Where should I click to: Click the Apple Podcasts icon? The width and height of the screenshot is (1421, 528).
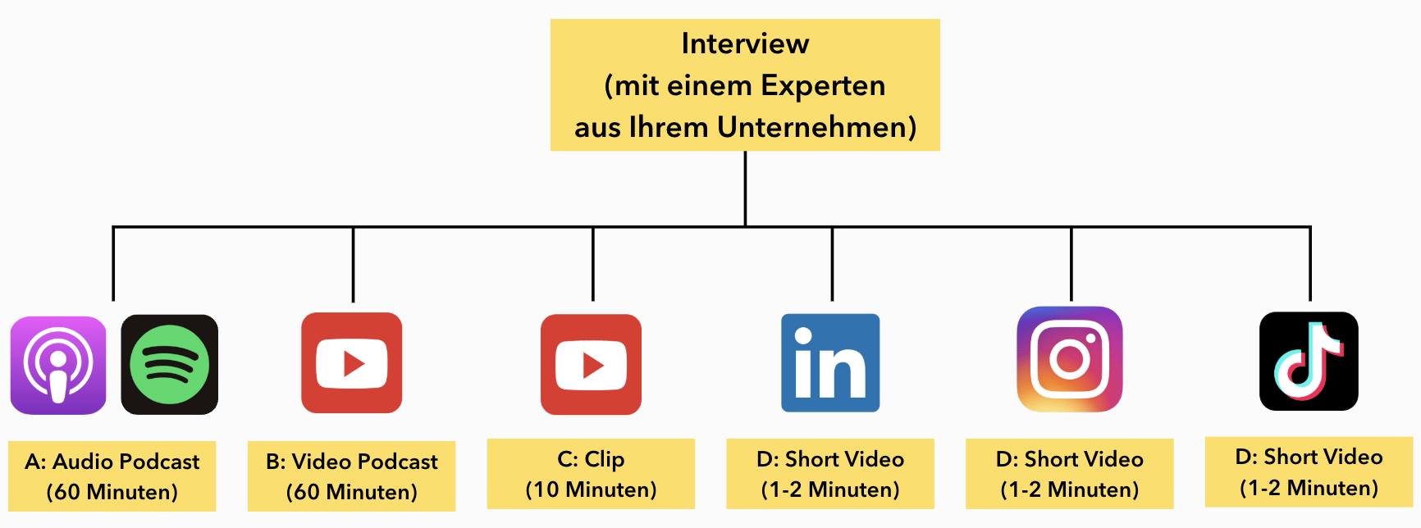coord(58,365)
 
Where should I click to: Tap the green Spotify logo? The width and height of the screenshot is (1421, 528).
coord(169,365)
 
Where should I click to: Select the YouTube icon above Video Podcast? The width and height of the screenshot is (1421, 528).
coord(352,362)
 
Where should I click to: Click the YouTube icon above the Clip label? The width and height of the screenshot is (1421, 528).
coord(591,364)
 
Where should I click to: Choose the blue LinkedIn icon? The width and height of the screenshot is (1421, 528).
coord(830,362)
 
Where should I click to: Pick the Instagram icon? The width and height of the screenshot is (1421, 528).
coord(1070,359)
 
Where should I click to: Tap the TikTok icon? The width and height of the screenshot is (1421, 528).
coord(1309,361)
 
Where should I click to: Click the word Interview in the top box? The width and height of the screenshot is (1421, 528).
coord(745,43)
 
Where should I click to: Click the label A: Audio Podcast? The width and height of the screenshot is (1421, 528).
coord(112,462)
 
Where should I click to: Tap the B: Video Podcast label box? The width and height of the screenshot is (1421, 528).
coord(352,476)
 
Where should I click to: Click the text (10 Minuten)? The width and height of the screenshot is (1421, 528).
coord(591,490)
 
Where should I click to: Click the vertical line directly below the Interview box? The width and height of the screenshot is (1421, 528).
coord(745,189)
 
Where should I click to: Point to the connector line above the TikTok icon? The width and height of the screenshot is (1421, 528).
coord(1309,264)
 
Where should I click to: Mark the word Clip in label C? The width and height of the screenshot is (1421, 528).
coord(605,459)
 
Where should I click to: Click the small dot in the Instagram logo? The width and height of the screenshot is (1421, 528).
coord(1091,338)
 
